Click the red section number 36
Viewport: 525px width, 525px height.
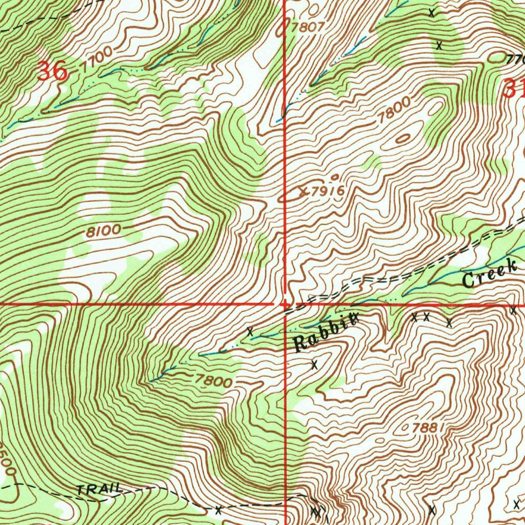(53, 71)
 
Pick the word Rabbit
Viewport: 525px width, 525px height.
(325, 334)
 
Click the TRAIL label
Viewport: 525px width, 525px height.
(99, 490)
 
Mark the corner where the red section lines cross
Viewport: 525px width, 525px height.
(286, 304)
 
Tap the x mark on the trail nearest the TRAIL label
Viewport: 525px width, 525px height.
(218, 510)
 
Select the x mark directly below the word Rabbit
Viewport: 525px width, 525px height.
(314, 365)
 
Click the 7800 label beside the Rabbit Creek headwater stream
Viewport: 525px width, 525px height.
(213, 380)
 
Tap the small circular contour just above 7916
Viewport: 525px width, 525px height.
(335, 177)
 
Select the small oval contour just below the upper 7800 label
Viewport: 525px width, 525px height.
(403, 137)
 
